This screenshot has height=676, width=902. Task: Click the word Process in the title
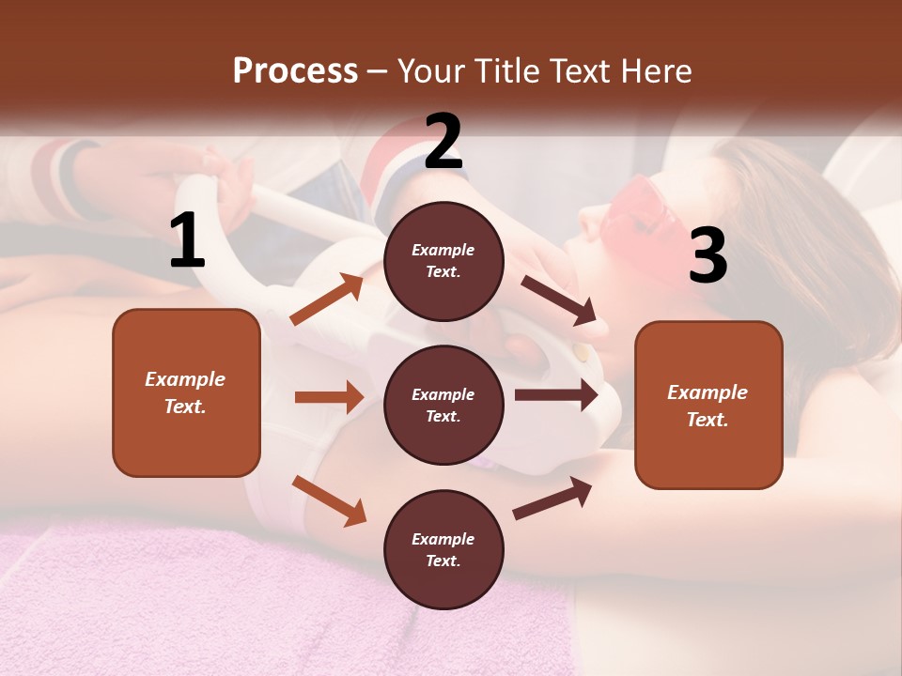(x=295, y=70)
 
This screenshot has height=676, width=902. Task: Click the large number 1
(x=187, y=242)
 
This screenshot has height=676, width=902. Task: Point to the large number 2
(x=443, y=142)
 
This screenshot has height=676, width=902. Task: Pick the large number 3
(x=708, y=256)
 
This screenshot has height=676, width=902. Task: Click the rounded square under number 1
(x=186, y=392)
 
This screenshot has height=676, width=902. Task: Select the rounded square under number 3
(x=708, y=405)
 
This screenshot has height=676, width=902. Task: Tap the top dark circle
(x=443, y=261)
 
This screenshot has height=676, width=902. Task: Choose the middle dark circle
(x=443, y=405)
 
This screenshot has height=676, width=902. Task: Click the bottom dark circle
(x=443, y=549)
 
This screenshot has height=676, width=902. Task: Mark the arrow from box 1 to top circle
(x=327, y=300)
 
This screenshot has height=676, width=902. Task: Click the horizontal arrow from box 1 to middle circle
(x=328, y=397)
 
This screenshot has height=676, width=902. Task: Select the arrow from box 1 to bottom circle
(x=329, y=499)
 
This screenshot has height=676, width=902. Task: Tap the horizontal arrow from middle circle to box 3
(x=555, y=395)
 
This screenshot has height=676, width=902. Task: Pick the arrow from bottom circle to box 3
(x=552, y=498)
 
